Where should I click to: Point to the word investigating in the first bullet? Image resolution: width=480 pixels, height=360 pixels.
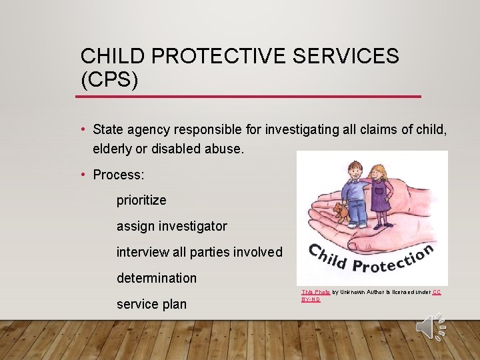click(303, 129)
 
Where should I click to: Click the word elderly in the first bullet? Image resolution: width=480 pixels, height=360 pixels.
click(113, 149)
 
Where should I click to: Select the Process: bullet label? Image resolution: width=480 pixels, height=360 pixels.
click(119, 175)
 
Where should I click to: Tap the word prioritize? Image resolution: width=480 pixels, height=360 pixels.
click(141, 200)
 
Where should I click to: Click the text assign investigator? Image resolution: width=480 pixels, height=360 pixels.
click(171, 226)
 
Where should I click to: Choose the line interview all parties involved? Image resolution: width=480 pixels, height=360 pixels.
click(199, 252)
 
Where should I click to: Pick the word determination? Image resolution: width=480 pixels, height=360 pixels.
click(157, 278)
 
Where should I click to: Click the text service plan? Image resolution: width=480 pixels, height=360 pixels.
click(151, 304)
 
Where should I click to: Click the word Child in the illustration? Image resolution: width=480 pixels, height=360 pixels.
click(329, 257)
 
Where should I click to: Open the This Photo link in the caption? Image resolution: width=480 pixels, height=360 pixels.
click(315, 292)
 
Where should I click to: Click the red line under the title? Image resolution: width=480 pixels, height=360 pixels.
click(248, 97)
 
